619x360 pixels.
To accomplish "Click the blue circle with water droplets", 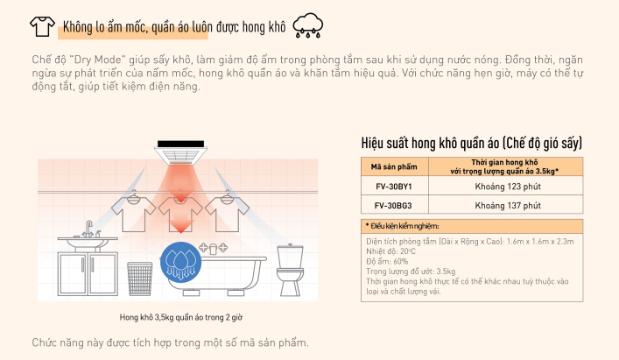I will point(179,259).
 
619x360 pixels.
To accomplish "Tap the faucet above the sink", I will point(88,229).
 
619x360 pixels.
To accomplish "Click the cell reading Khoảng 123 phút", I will point(508,187).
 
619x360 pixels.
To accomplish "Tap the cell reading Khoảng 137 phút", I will point(508,206).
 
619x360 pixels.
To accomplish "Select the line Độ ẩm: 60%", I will point(388,259).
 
